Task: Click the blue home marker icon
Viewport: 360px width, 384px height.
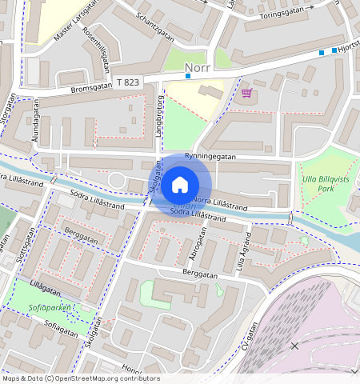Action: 180,185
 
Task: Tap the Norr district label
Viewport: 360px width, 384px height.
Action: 197,68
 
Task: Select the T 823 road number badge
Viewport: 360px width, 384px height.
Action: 128,82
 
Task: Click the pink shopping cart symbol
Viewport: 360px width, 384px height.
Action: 246,93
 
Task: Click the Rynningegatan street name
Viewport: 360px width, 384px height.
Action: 210,157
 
